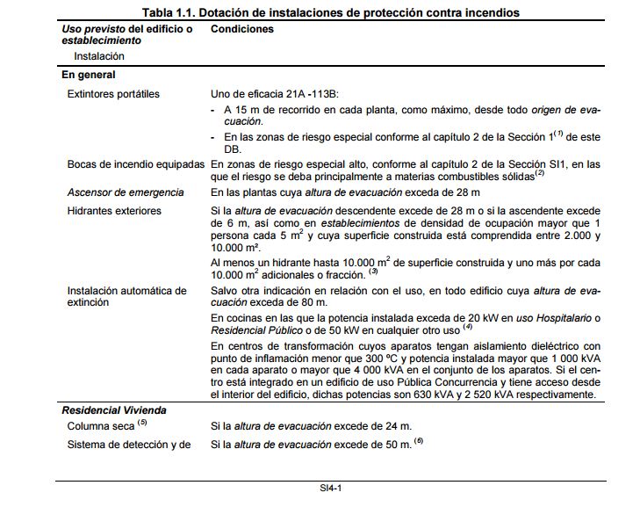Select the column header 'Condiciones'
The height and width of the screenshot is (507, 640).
click(242, 29)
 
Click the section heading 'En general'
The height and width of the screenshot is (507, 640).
click(89, 76)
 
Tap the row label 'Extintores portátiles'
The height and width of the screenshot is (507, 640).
click(114, 93)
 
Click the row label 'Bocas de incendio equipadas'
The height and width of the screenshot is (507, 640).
click(136, 164)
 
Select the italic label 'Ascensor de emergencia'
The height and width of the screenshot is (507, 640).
click(126, 192)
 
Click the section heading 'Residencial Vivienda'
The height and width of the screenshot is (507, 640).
click(114, 410)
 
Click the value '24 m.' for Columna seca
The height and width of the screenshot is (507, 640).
click(396, 427)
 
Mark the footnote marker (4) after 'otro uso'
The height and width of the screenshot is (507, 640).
click(468, 329)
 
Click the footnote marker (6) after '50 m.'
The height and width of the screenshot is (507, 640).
click(419, 442)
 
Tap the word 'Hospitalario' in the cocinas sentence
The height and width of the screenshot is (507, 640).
click(565, 317)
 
